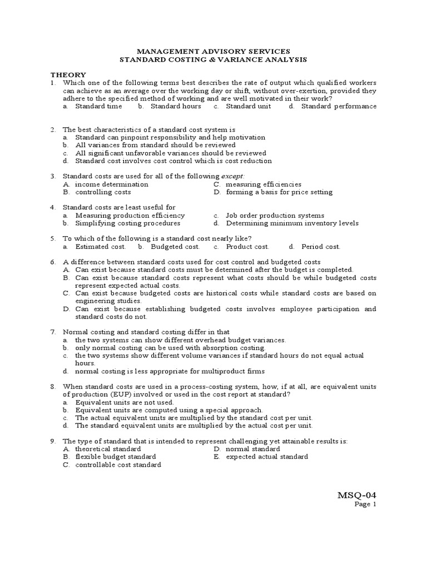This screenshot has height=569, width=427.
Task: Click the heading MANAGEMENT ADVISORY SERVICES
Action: [x=213, y=51]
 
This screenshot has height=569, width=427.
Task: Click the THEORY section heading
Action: [x=68, y=74]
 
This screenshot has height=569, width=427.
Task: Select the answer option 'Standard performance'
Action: [x=339, y=106]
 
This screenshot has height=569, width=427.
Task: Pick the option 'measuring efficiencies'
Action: [x=264, y=184]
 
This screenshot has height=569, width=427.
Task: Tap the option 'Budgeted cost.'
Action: [x=175, y=246]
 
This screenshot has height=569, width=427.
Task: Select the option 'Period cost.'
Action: [x=321, y=246]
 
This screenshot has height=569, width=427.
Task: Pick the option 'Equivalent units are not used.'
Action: [x=125, y=402]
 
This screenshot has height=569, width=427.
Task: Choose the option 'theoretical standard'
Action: [x=108, y=448]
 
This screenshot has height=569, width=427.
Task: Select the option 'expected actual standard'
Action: [x=267, y=456]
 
